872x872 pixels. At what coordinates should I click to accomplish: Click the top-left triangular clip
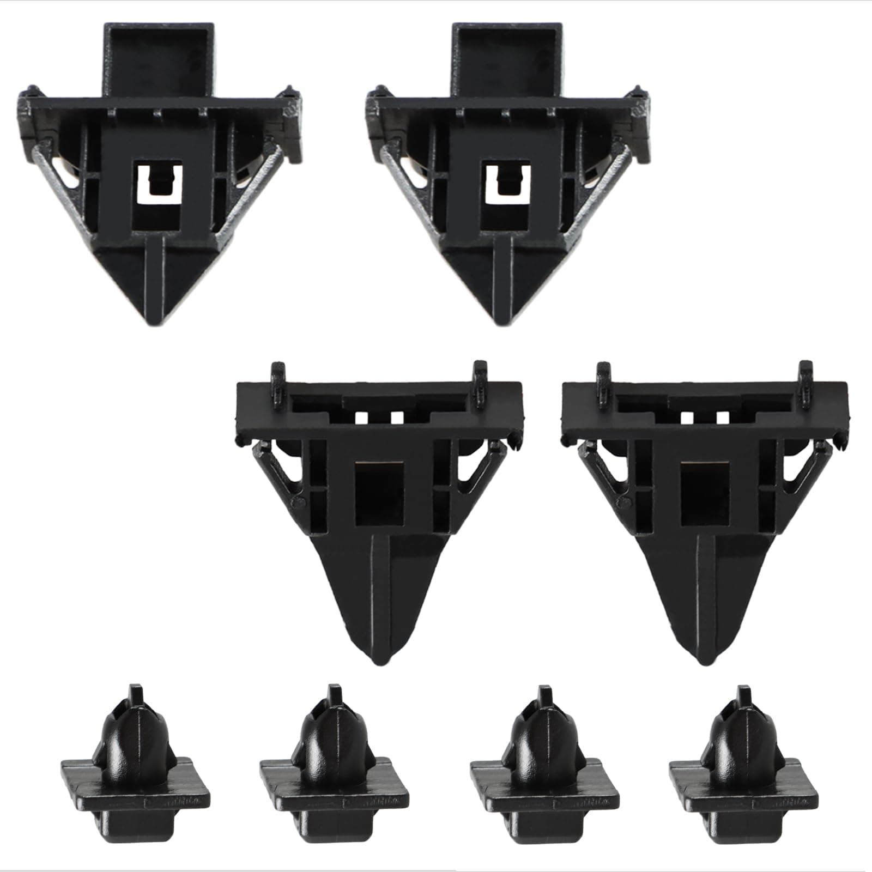(158, 180)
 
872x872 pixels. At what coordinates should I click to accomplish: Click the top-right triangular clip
(507, 180)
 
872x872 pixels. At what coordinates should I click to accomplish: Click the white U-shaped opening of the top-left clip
(158, 185)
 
